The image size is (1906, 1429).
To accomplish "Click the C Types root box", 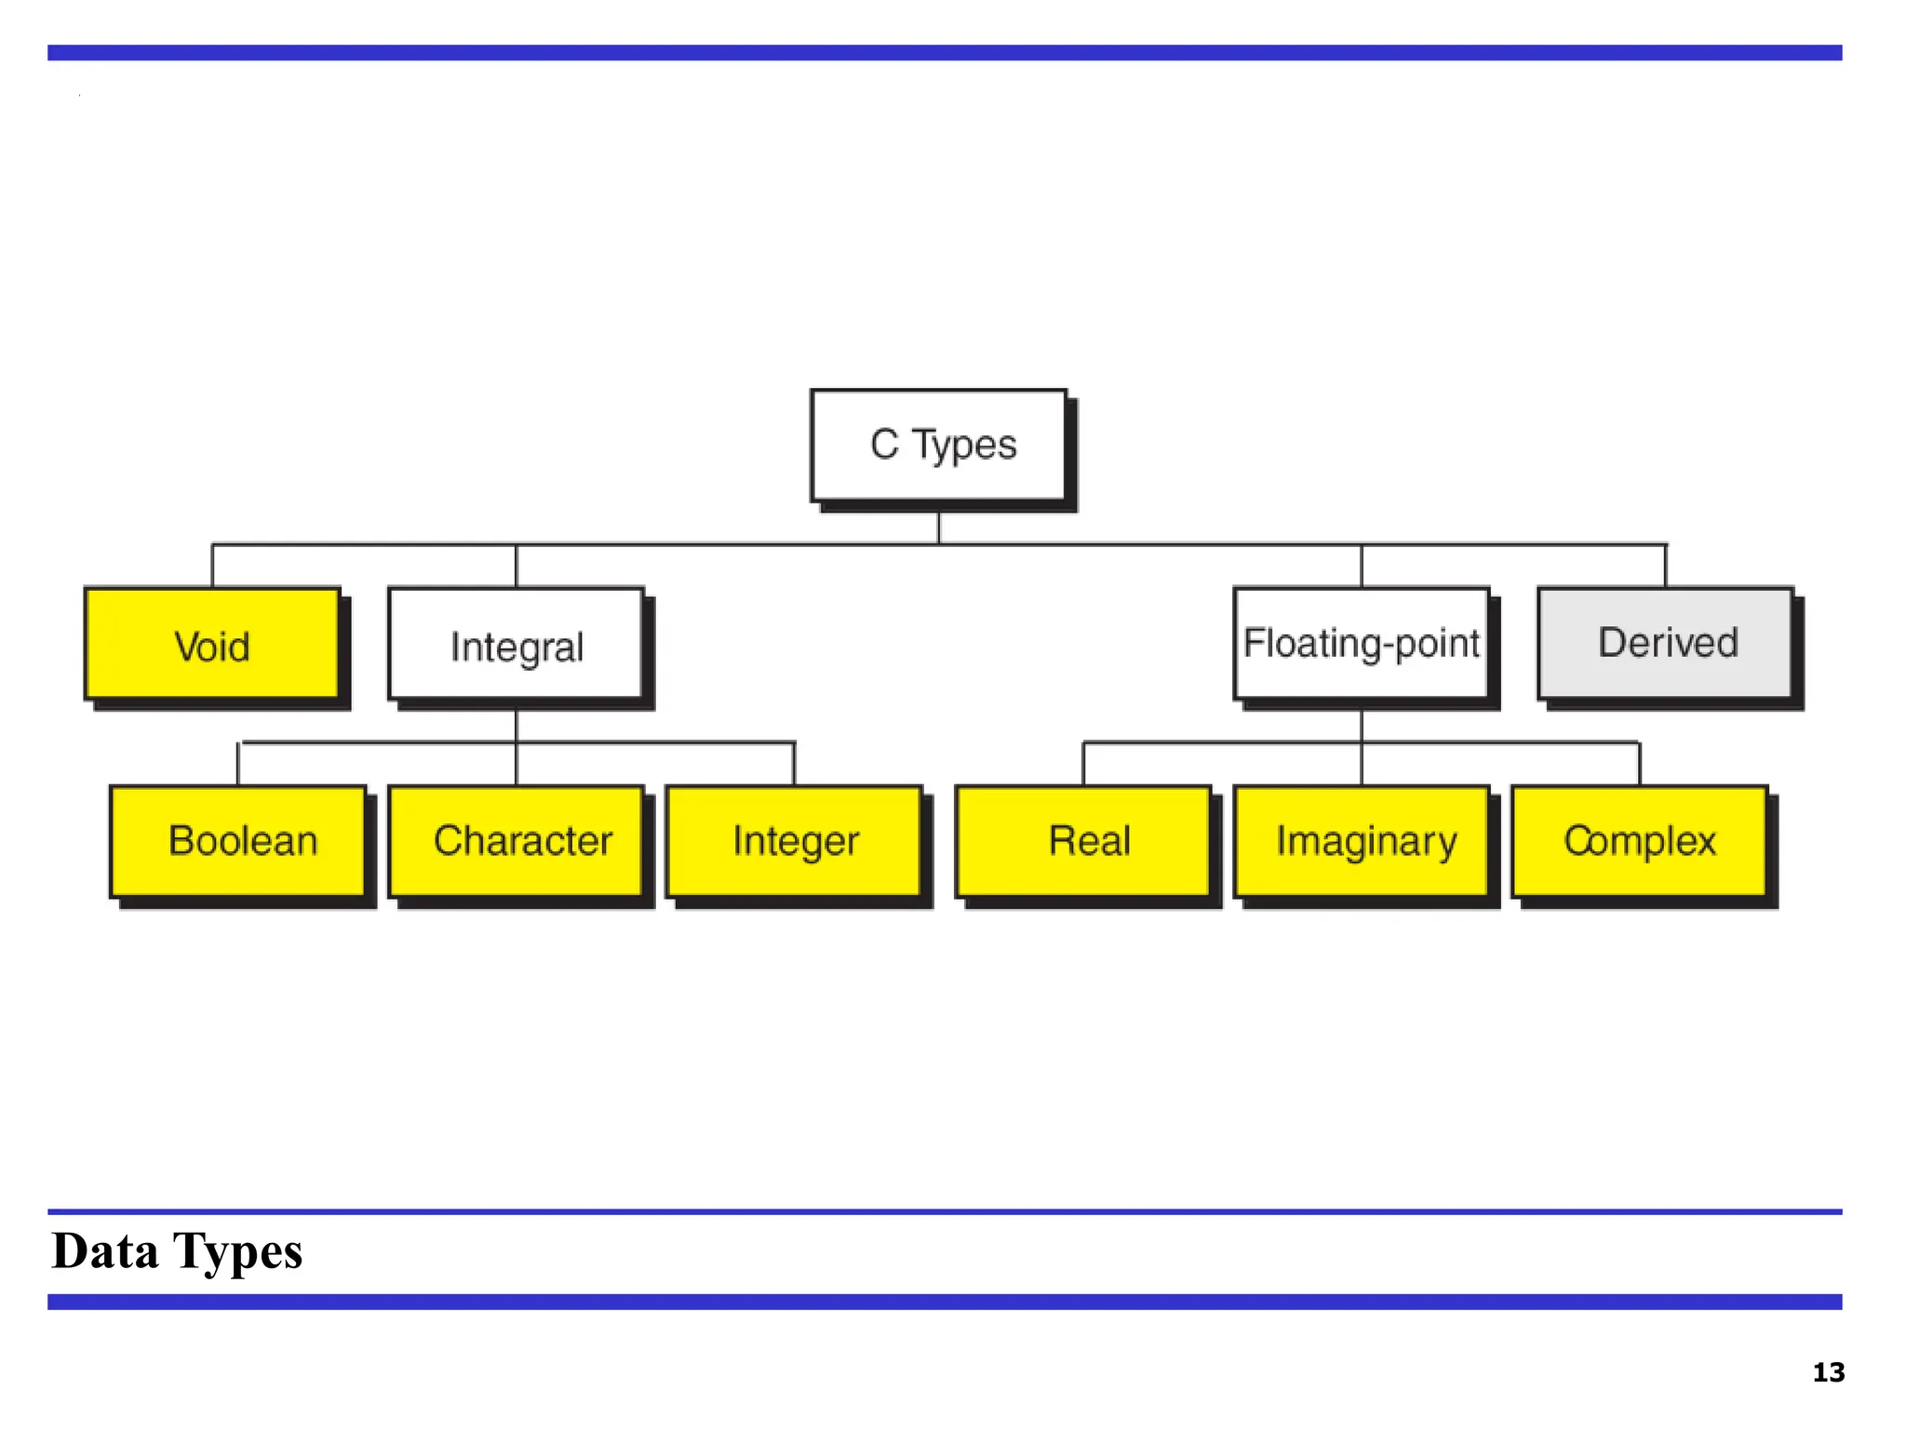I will click(938, 445).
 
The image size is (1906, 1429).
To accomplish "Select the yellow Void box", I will click(212, 644).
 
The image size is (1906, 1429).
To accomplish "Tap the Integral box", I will click(516, 644).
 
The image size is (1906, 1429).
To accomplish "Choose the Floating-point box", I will click(1361, 644).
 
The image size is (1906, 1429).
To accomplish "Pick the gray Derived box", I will click(1665, 644).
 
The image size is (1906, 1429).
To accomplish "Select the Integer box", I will click(795, 841).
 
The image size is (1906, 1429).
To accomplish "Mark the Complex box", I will click(1640, 841).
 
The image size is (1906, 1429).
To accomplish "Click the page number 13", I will click(1828, 1372).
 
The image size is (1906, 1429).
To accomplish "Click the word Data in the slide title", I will click(104, 1250).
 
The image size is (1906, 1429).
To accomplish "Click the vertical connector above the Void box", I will click(212, 566).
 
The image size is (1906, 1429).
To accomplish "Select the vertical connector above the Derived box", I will click(1665, 566).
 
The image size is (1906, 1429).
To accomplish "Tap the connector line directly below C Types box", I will click(938, 528).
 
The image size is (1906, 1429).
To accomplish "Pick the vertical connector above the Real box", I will click(1083, 764).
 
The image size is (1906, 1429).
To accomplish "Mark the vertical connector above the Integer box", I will click(794, 764).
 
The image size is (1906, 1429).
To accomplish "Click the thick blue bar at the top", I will click(944, 53).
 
